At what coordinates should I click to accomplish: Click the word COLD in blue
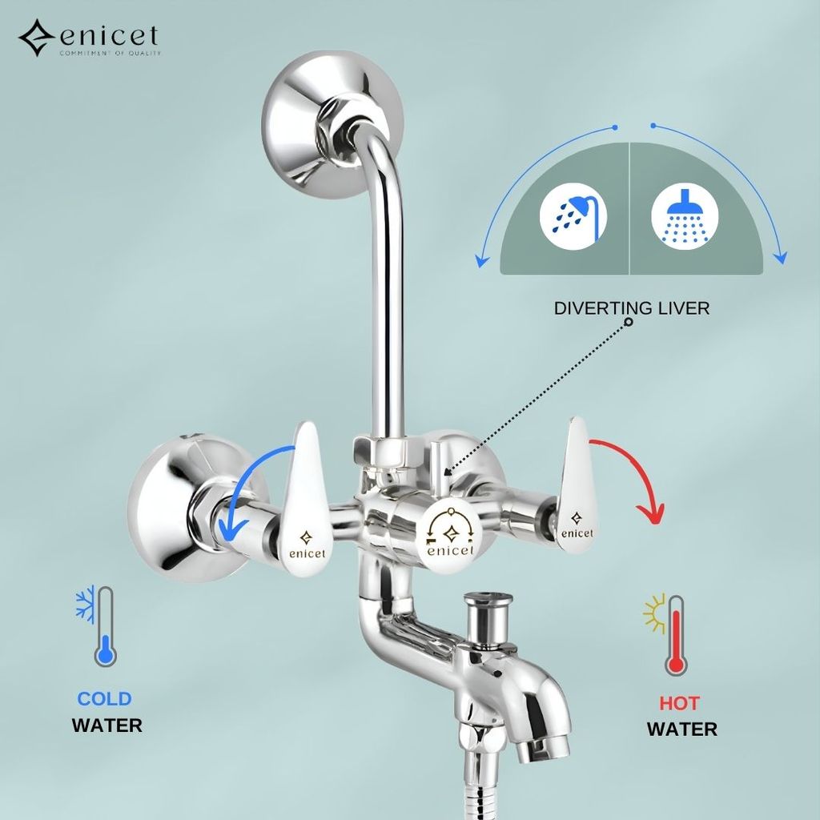pyautogui.click(x=104, y=698)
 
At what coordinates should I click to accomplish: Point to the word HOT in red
pyautogui.click(x=679, y=704)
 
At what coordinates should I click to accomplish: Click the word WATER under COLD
pyautogui.click(x=107, y=726)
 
